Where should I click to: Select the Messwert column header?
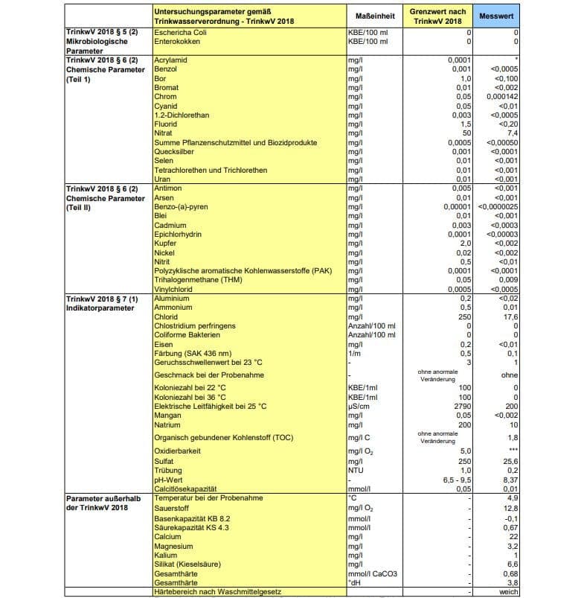click(x=496, y=16)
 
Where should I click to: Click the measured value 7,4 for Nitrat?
click(x=511, y=132)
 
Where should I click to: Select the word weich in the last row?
click(x=508, y=592)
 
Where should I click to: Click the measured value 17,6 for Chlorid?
click(x=510, y=316)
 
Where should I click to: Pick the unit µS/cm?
click(x=360, y=406)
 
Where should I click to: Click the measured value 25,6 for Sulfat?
click(x=510, y=462)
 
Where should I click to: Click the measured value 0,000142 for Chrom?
click(x=501, y=96)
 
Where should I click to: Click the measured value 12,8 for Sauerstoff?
click(x=510, y=508)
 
